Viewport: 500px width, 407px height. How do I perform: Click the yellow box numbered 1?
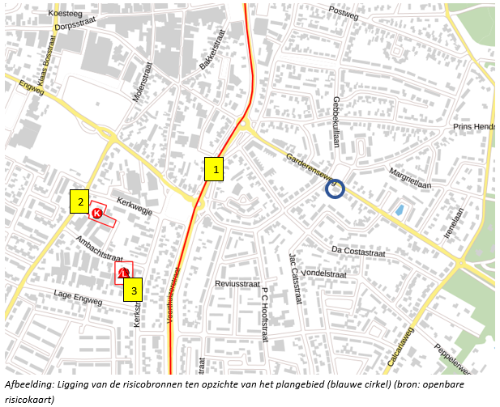pos(214,168)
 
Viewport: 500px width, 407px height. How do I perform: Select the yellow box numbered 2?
pos(79,202)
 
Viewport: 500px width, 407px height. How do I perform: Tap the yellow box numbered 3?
pos(135,290)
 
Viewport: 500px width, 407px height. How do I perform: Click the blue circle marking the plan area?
pos(335,189)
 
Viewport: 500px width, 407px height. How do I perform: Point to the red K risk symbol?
pos(97,214)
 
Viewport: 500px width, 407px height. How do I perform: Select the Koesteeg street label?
pos(66,14)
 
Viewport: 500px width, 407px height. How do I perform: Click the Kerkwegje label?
pos(135,204)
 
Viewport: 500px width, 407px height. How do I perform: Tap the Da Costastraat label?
pos(358,251)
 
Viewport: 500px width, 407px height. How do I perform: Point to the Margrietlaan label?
pos(410,178)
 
